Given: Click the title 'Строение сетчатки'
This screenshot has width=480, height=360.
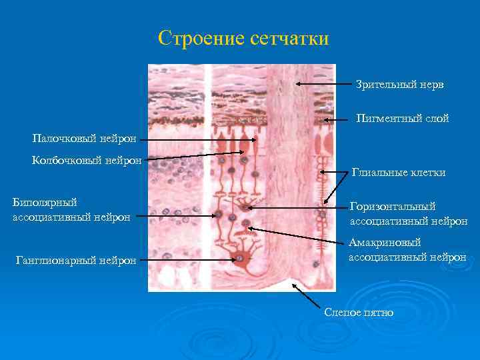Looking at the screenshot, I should [x=244, y=38].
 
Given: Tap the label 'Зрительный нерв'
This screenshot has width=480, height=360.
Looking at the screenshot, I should [x=399, y=85].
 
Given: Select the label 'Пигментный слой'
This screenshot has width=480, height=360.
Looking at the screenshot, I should [x=402, y=119].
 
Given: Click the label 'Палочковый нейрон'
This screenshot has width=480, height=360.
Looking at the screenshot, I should [x=85, y=139].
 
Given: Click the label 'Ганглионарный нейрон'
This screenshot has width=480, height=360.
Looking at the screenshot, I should [x=75, y=260].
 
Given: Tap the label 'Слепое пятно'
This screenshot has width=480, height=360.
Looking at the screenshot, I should [x=358, y=312].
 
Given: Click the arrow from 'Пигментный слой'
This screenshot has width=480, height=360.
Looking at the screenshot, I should [x=337, y=121].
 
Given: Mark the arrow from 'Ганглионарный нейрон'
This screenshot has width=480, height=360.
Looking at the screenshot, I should [x=193, y=259].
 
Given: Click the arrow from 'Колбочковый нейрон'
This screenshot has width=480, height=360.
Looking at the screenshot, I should [x=193, y=156].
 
